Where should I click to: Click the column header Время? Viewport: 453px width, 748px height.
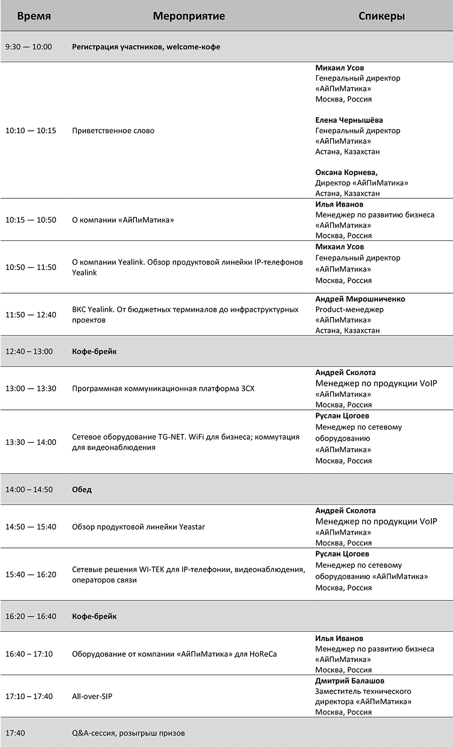point(34,16)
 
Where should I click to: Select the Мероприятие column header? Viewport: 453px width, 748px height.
point(189,16)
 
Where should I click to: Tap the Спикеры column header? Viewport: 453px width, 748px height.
point(382,16)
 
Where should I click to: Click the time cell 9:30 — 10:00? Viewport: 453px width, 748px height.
point(29,47)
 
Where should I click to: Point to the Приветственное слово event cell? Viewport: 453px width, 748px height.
point(113,131)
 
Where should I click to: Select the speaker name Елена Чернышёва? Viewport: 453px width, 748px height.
point(349,120)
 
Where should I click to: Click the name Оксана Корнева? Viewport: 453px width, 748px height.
point(346,173)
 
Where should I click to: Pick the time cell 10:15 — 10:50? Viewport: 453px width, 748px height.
point(31,220)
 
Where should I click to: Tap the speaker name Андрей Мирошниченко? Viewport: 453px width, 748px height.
point(360,299)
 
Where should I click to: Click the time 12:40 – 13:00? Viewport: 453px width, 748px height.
point(29,352)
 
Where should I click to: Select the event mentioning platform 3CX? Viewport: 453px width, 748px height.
point(163,388)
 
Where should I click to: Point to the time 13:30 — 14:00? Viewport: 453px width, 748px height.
point(31,442)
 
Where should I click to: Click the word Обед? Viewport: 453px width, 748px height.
point(82,489)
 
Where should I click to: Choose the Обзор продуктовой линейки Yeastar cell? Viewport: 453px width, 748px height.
point(138,527)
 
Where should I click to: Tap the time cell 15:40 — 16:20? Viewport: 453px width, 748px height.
point(31,574)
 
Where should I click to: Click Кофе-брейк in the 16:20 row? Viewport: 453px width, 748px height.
point(94,616)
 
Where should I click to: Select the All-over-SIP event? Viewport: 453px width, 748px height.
point(92,697)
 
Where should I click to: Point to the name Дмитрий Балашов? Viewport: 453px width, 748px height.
point(350,681)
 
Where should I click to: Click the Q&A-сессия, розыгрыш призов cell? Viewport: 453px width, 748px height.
point(128,733)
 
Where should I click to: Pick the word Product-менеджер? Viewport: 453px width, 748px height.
point(349,309)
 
